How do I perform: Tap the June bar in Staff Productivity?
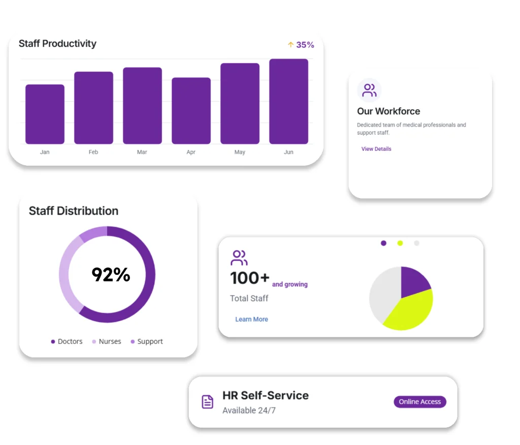click(288, 101)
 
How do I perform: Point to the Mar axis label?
click(142, 152)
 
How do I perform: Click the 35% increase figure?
click(305, 45)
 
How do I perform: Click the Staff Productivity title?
click(57, 44)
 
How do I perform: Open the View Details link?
click(376, 149)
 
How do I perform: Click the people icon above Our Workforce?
click(369, 90)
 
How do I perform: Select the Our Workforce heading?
click(388, 111)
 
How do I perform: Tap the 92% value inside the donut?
click(111, 275)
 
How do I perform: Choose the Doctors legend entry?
click(67, 341)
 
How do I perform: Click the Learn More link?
click(251, 319)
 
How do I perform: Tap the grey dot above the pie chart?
click(416, 243)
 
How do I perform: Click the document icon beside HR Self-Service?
click(208, 402)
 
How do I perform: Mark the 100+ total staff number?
click(249, 278)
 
